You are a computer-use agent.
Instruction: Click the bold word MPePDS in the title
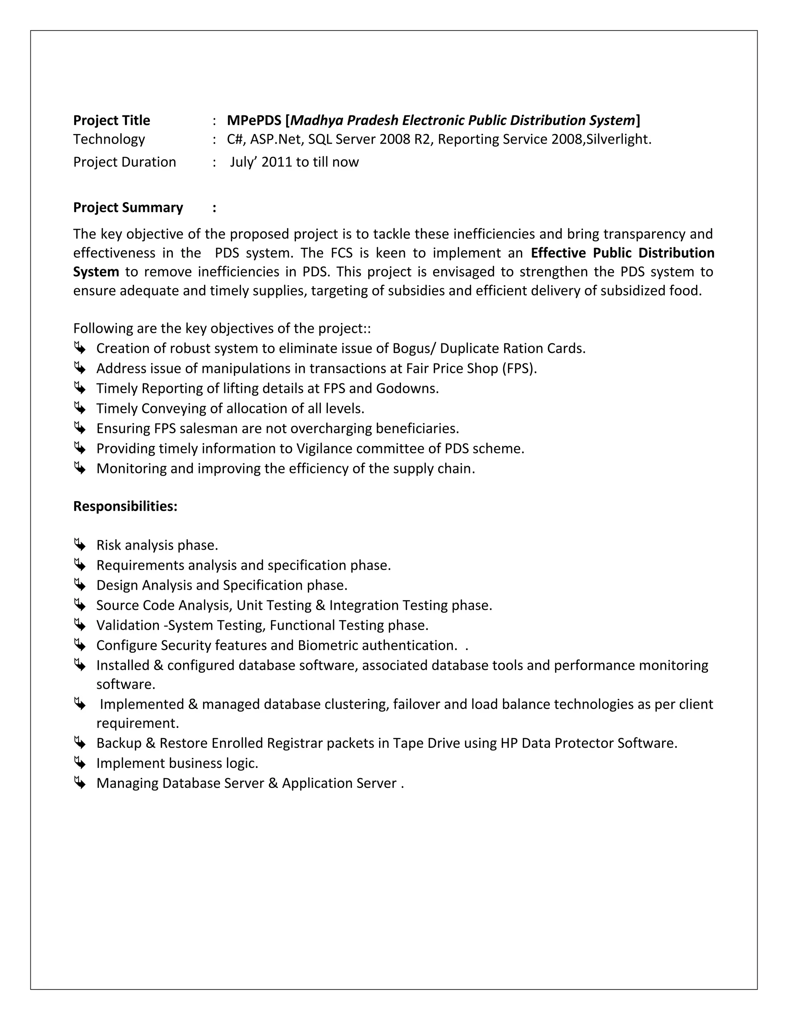click(x=254, y=120)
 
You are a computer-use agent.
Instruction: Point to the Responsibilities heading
click(x=125, y=506)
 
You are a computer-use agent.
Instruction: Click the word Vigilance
click(x=324, y=449)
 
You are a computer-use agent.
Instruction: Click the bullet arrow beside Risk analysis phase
click(x=80, y=545)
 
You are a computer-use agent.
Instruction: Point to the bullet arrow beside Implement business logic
click(x=80, y=763)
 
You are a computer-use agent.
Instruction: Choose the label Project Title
click(x=112, y=120)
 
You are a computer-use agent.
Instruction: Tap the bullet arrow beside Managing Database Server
click(x=80, y=783)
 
